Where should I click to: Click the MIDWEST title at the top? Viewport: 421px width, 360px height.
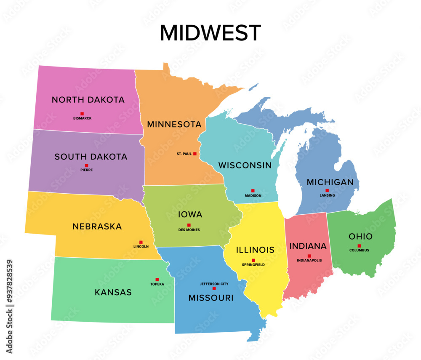click(210, 33)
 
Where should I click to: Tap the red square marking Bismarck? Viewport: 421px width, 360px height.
click(82, 114)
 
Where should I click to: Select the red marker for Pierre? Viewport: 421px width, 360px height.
click(86, 165)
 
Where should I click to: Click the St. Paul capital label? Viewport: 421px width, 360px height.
click(184, 154)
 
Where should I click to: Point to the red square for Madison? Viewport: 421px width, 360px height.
click(253, 191)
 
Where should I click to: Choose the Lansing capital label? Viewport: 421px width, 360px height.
click(327, 195)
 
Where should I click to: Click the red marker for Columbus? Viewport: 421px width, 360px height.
click(359, 246)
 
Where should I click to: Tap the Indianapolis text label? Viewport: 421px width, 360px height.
click(309, 261)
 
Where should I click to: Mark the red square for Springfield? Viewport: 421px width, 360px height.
click(253, 260)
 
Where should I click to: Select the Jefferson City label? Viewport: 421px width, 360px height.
click(214, 284)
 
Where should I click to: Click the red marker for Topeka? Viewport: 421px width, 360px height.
click(157, 280)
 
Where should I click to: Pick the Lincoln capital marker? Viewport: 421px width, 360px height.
click(141, 242)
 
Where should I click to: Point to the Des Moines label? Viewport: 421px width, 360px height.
click(189, 230)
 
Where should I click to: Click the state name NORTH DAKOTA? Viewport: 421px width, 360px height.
click(88, 100)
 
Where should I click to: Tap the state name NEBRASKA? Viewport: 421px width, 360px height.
click(97, 227)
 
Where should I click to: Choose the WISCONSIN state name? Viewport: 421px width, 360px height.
click(245, 165)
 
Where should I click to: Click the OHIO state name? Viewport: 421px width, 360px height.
click(360, 237)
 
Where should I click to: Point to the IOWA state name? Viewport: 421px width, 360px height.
click(190, 214)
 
